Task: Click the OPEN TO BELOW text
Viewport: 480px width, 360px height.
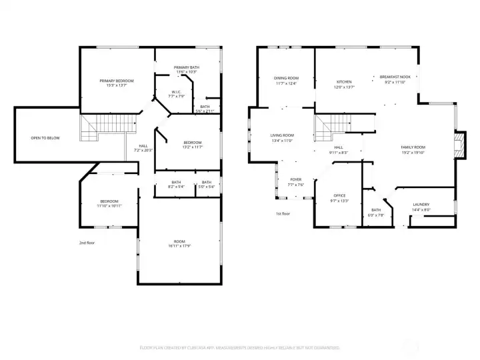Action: (x=45, y=138)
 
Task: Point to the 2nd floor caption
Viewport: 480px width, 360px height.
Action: (x=87, y=243)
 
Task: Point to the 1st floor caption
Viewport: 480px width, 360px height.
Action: (x=283, y=214)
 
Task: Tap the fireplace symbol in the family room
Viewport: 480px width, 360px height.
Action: (x=457, y=145)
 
